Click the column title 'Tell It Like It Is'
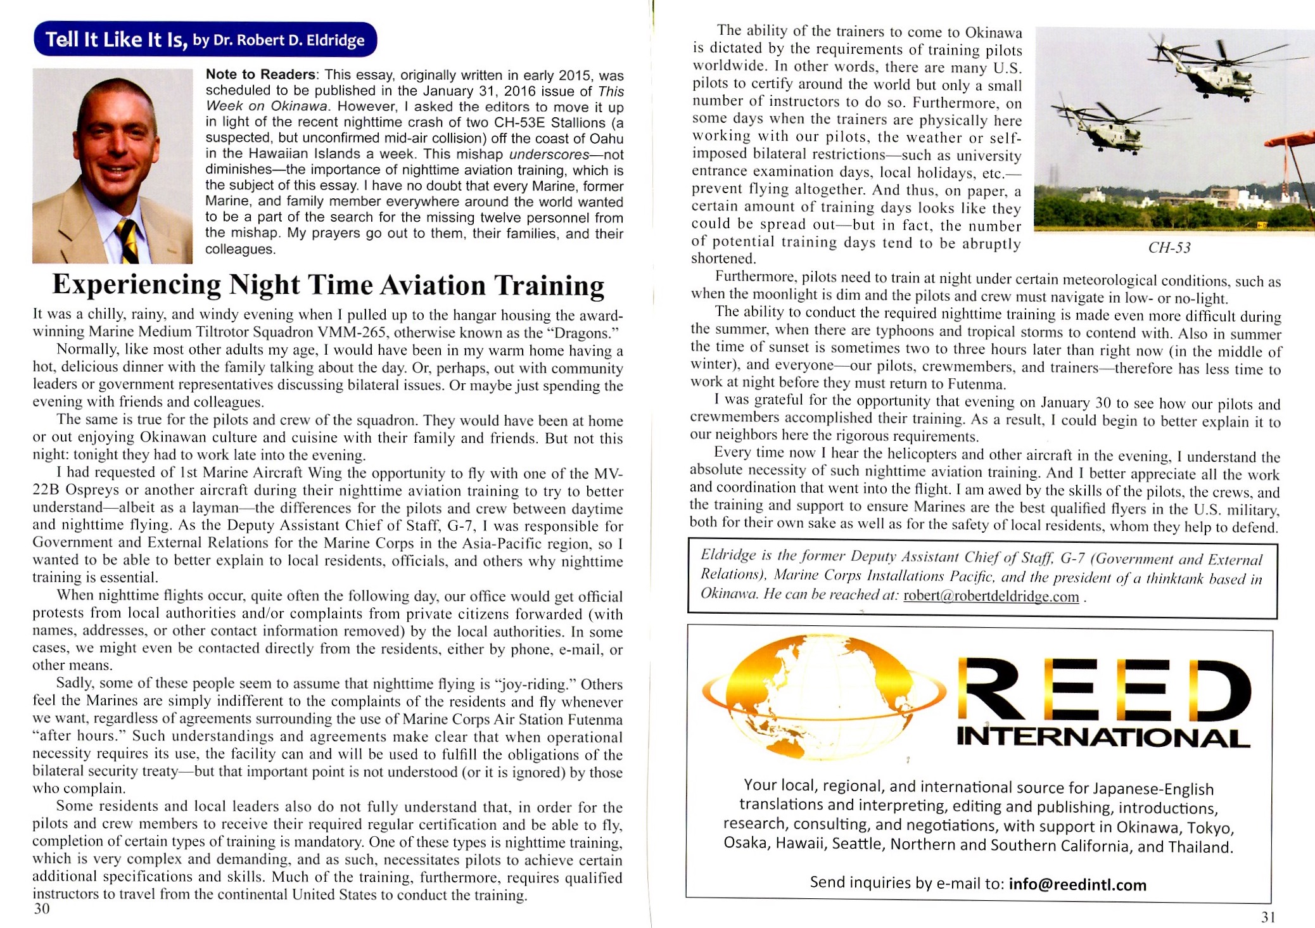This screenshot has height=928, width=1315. [x=116, y=40]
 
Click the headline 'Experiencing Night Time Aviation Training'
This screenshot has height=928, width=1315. [x=328, y=285]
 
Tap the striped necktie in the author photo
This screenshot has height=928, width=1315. [x=127, y=240]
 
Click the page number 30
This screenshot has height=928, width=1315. [x=41, y=909]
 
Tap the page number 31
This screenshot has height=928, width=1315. [x=1267, y=917]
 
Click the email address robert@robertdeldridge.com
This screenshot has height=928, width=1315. [x=991, y=596]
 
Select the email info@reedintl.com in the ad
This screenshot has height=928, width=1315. [x=1077, y=884]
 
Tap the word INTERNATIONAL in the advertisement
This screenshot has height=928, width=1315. [x=1102, y=737]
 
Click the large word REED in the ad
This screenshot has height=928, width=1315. [x=1102, y=687]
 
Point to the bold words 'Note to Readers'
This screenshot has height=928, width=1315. [x=260, y=75]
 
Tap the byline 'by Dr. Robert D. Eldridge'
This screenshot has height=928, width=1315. [x=279, y=41]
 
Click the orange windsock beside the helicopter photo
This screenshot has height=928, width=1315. [x=1292, y=139]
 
